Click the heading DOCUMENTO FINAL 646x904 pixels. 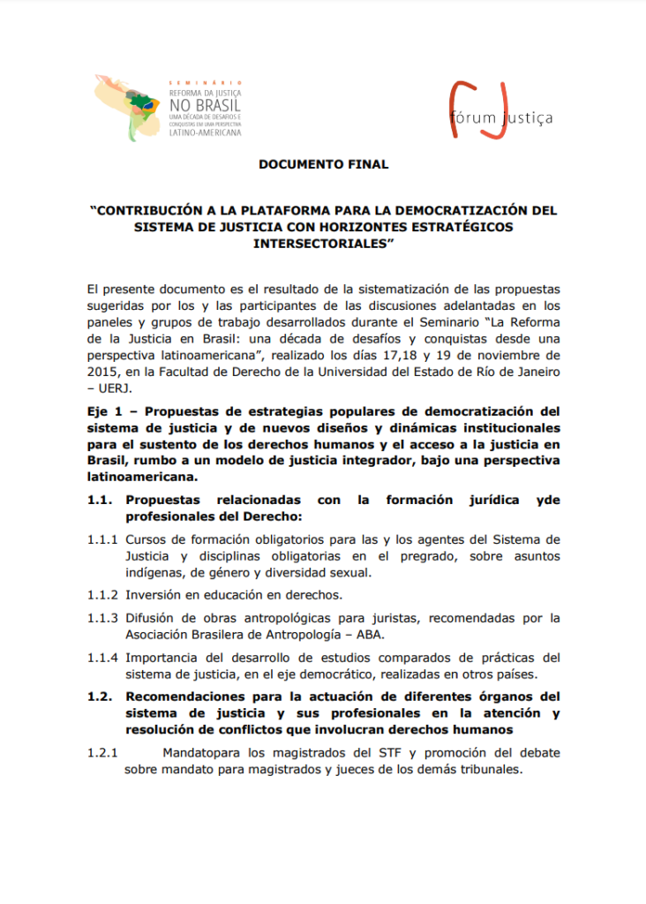coord(323,164)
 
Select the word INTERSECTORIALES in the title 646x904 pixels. coord(322,243)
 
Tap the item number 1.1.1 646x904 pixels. coord(103,539)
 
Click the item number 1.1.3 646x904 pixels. coord(103,618)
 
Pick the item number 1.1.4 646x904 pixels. coord(103,658)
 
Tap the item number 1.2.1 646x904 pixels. coord(103,753)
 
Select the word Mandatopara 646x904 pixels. coord(202,753)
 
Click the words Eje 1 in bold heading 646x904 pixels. coord(106,411)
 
